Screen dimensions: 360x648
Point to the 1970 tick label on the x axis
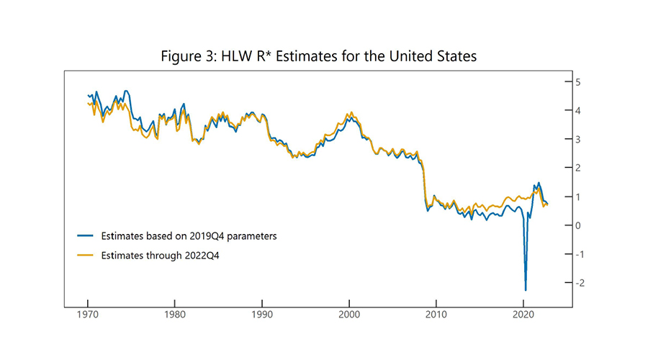click(x=88, y=314)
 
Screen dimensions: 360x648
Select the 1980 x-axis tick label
click(x=175, y=314)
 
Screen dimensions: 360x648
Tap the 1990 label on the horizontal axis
click(x=262, y=314)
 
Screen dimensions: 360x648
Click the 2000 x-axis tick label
click(x=350, y=314)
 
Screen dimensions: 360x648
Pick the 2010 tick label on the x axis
click(x=437, y=314)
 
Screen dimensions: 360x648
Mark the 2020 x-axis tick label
click(x=524, y=314)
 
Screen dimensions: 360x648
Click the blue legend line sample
click(x=86, y=235)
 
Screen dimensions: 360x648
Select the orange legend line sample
click(x=86, y=255)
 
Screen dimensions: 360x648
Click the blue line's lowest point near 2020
click(x=526, y=289)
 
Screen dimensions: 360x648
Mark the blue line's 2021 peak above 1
click(x=539, y=183)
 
